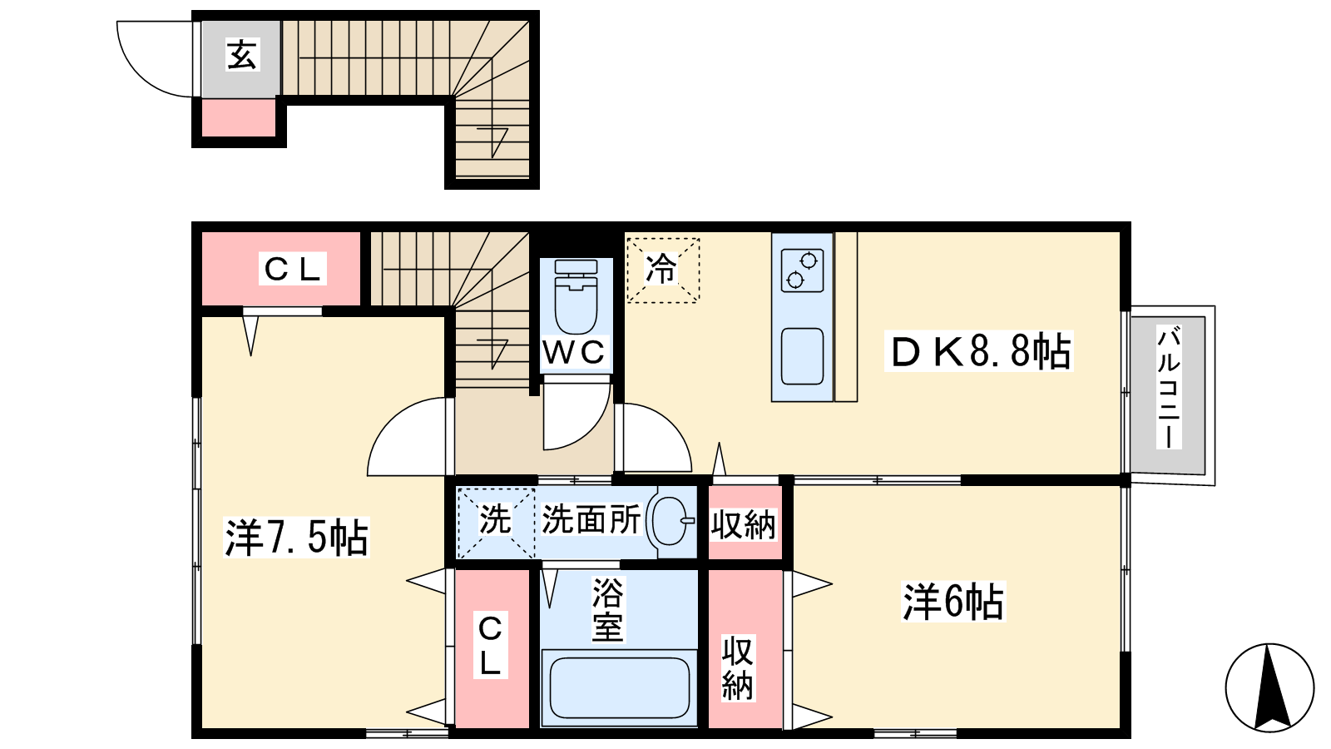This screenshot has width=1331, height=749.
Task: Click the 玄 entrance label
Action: point(242,55)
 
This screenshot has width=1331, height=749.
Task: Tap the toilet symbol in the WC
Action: point(575,296)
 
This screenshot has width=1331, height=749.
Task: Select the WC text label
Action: point(574,353)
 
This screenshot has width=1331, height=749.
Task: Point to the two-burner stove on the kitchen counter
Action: point(802,270)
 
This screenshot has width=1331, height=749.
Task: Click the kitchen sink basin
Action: point(802,356)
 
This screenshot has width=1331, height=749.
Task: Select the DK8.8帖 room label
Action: point(978,351)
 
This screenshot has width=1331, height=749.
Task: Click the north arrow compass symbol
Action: point(1269,687)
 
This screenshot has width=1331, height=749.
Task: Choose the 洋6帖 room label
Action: point(953,602)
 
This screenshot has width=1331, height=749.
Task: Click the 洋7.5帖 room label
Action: point(296,538)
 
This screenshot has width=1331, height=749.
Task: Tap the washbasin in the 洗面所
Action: point(671,521)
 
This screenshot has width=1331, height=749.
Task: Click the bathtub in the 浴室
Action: point(620,687)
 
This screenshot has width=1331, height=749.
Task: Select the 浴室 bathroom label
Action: point(607,611)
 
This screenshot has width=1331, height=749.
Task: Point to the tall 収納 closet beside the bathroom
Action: point(745,648)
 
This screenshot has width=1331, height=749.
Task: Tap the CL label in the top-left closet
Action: point(292,269)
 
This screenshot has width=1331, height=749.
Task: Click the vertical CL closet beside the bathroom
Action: point(492,648)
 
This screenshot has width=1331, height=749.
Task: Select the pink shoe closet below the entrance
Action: point(239,117)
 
